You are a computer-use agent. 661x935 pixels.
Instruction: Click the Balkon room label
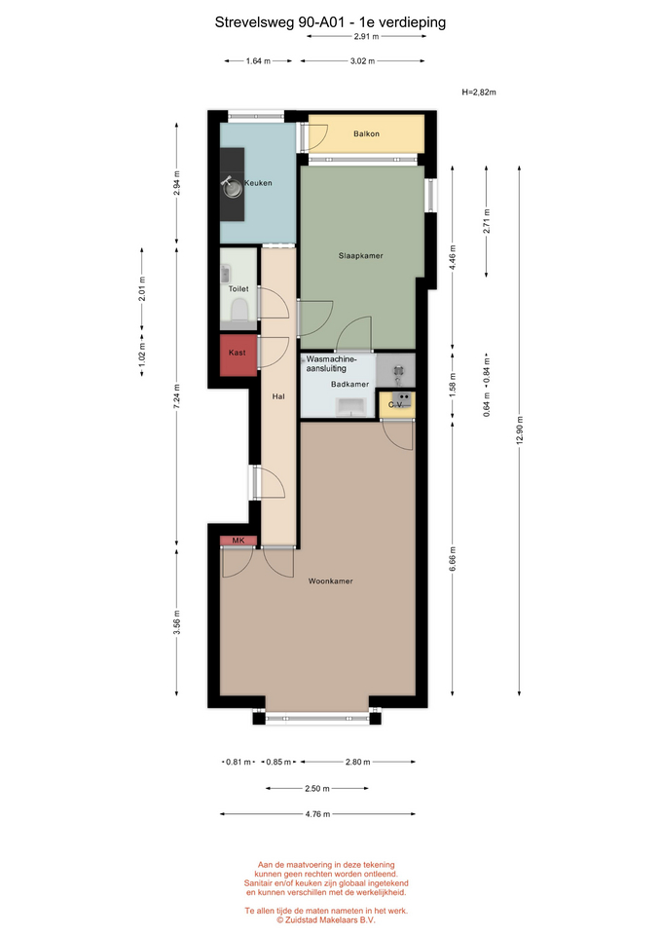[366, 134]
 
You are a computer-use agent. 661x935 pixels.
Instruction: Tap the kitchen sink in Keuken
[232, 187]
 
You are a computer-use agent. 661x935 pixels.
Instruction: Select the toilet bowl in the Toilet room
[239, 310]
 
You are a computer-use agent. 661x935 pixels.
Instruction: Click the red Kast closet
[239, 355]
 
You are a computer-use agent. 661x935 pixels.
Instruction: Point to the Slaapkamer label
[360, 256]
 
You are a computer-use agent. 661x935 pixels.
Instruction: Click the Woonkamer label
[330, 580]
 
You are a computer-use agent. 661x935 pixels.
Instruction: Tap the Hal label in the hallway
[278, 396]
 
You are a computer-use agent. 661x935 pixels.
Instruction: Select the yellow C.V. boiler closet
[397, 405]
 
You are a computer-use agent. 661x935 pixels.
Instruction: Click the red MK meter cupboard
[239, 541]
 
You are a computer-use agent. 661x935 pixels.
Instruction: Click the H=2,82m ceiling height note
[479, 93]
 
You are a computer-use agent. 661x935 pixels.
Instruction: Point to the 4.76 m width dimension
[317, 814]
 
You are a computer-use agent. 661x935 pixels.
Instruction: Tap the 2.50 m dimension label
[317, 788]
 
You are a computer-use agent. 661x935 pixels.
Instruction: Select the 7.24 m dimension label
[176, 396]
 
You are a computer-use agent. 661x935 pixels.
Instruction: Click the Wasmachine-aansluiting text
[331, 363]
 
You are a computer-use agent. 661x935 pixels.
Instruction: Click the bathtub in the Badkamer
[350, 407]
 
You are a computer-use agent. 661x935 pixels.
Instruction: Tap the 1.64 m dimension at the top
[258, 60]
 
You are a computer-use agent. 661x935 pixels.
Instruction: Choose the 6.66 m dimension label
[453, 559]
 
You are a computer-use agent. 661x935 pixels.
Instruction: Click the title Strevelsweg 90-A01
[280, 22]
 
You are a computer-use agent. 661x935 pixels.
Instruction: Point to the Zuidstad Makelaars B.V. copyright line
[326, 920]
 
